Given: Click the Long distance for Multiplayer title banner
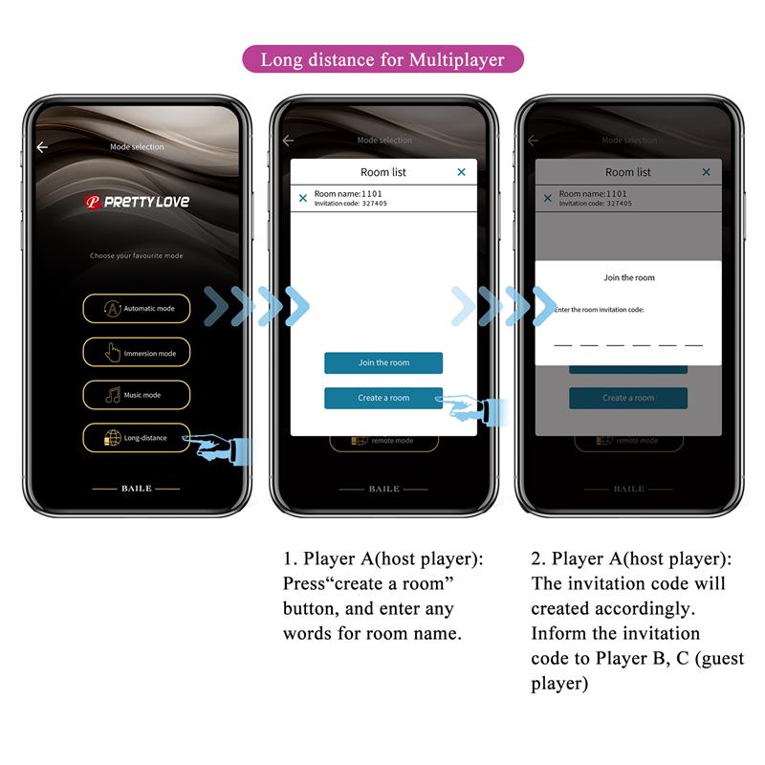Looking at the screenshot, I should (382, 59).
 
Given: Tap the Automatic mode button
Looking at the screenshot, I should (137, 309).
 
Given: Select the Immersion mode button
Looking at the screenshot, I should (137, 353).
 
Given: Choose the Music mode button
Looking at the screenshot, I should (137, 395).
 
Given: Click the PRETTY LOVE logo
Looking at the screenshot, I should (137, 202).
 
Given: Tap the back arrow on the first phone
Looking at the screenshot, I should (42, 147).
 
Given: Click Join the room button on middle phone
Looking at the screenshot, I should (383, 363).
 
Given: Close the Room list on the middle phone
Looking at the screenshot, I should (461, 172).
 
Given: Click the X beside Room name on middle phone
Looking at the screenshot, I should (303, 198).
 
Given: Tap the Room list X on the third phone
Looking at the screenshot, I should (707, 172).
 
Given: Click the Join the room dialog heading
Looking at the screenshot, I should (629, 277).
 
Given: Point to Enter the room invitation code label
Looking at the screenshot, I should (600, 310).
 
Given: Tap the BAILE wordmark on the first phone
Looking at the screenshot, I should (137, 489).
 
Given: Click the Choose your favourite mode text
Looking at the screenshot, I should (137, 256).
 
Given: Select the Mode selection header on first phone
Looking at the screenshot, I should (138, 147).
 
